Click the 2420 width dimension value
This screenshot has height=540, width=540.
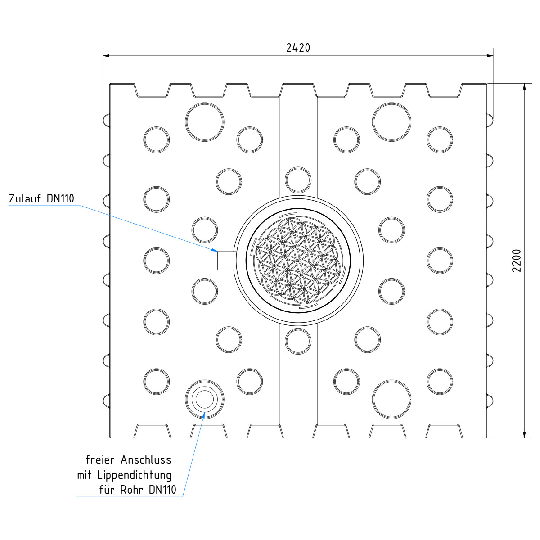point(298,48)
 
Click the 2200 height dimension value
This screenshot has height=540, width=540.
point(517,261)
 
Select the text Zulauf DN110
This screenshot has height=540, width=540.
point(41,198)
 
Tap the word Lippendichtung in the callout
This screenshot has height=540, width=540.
point(135,476)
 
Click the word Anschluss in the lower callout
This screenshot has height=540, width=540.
point(146,460)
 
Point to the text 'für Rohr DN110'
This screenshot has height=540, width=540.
point(138,490)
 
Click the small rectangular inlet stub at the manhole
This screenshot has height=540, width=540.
point(227,261)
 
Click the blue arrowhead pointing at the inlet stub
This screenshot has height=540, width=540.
point(214,250)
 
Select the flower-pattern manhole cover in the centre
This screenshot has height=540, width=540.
point(298,261)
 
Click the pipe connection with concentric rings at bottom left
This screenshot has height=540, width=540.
point(205,399)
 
